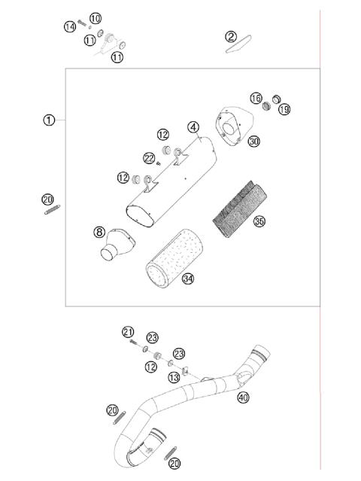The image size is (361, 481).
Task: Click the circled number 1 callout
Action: click(49, 120)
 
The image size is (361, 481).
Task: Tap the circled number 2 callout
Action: click(232, 36)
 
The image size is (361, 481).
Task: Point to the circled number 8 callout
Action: click(99, 233)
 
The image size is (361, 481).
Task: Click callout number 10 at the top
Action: click(95, 17)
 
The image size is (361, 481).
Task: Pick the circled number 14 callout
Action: click(70, 27)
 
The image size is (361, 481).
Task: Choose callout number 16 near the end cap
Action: click(256, 99)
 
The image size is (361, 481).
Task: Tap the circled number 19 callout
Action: click(284, 109)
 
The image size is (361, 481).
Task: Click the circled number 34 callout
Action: click(188, 279)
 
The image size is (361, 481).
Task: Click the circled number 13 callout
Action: click(174, 377)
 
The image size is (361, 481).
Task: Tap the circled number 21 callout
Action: click(128, 332)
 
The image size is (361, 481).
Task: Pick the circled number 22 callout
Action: click(150, 157)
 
